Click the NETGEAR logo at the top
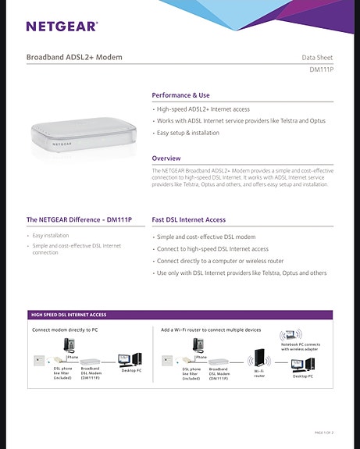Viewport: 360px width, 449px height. [62, 27]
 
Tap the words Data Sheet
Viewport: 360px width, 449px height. [317, 58]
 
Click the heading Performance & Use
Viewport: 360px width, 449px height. [180, 94]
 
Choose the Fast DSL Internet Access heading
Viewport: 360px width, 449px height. [188, 220]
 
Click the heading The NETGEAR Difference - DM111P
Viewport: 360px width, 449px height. [79, 220]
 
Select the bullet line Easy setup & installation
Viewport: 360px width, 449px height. [187, 133]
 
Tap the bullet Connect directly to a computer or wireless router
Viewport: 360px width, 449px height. [220, 261]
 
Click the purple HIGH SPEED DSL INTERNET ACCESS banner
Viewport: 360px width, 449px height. [69, 315]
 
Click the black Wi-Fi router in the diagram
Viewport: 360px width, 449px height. [258, 360]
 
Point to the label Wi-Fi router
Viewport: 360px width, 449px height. [259, 376]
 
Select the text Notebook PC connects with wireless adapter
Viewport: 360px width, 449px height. [301, 347]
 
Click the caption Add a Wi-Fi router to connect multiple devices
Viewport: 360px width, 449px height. [211, 330]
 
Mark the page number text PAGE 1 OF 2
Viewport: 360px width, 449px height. [323, 432]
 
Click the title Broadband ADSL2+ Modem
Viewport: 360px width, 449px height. [74, 57]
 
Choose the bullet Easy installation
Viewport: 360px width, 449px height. [50, 235]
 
